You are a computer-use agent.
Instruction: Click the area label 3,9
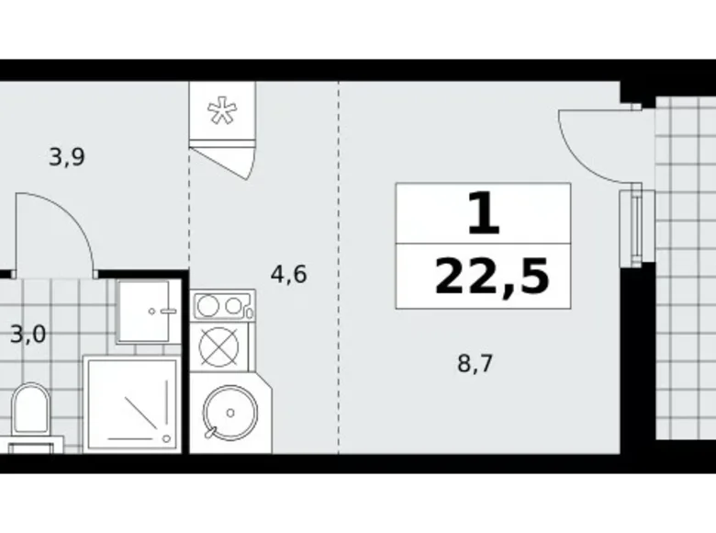(67, 157)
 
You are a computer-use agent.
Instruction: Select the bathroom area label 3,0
(28, 333)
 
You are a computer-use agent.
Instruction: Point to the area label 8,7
(475, 363)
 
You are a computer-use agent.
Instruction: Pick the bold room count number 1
(484, 215)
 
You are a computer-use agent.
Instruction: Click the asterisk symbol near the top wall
(220, 111)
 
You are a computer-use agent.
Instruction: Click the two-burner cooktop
(221, 305)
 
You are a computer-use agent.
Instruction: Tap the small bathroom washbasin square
(146, 310)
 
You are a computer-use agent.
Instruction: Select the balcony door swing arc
(584, 138)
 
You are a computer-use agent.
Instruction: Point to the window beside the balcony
(633, 225)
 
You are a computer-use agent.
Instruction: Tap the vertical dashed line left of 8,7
(338, 276)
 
